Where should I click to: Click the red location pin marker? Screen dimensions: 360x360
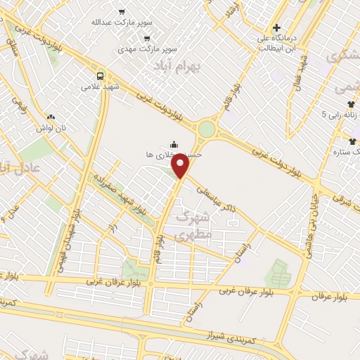[181, 166]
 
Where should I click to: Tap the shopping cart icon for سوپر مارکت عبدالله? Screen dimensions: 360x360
[122, 12]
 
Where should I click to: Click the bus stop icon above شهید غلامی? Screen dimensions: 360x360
[100, 75]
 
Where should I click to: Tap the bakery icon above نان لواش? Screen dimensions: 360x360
[50, 117]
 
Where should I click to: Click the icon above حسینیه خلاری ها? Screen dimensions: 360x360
[174, 146]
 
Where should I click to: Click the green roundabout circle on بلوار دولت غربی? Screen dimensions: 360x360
[206, 129]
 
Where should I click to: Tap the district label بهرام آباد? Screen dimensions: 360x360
[176, 65]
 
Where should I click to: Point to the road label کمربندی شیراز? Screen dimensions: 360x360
[224, 331]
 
